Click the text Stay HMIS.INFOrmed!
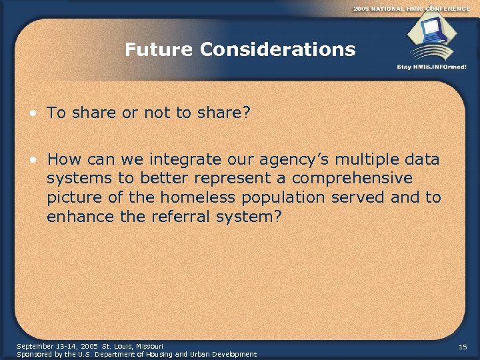pyautogui.click(x=431, y=67)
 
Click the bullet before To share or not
pyautogui.click(x=31, y=113)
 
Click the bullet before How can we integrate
pyautogui.click(x=31, y=160)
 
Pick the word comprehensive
pyautogui.click(x=356, y=179)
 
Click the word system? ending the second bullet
pyautogui.click(x=260, y=216)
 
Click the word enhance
pyautogui.click(x=78, y=216)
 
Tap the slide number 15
pyautogui.click(x=463, y=347)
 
